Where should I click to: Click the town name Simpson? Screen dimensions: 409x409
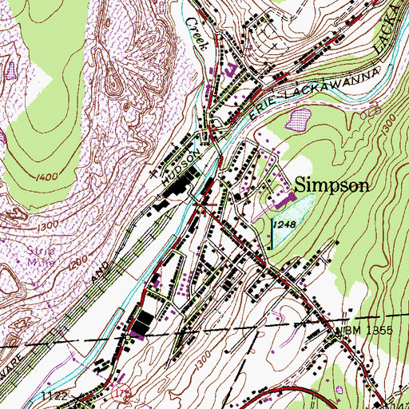[x=333, y=185]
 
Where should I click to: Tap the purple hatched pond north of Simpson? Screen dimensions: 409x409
[x=300, y=120]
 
